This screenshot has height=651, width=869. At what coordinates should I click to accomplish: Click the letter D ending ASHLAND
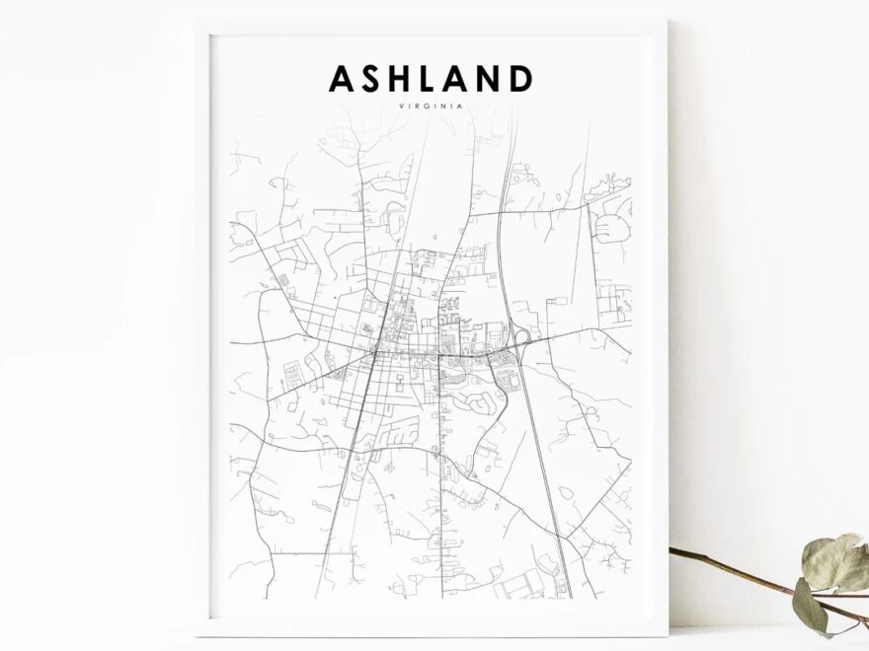[x=521, y=78]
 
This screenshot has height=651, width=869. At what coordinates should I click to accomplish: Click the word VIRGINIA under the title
[x=432, y=107]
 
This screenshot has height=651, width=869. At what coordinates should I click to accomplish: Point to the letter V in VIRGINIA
[x=403, y=107]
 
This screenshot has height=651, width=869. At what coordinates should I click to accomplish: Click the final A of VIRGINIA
[x=461, y=107]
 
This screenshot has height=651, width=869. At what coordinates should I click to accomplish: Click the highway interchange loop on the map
[x=521, y=340]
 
